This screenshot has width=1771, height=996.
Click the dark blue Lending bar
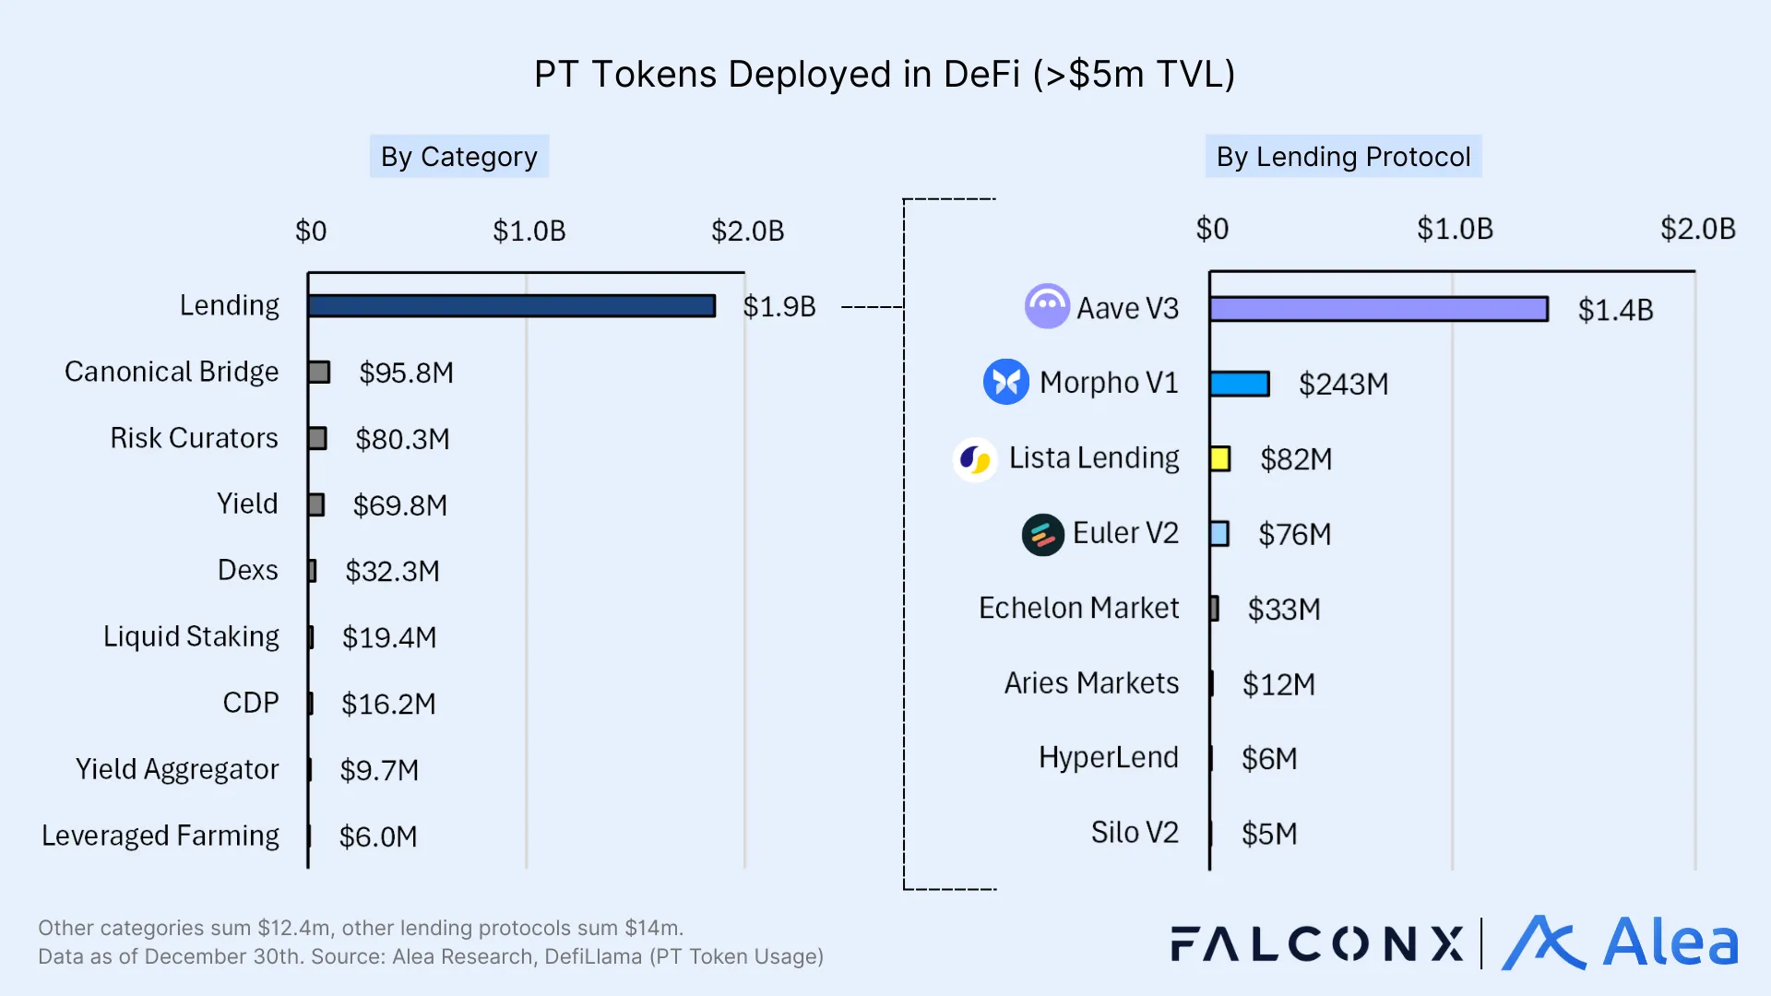coord(512,306)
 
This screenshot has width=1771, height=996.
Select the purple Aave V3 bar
coord(1378,309)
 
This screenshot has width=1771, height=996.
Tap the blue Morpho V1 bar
coord(1239,384)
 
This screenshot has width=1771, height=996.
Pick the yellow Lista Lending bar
coord(1220,458)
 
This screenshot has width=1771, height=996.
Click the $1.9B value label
coord(779,307)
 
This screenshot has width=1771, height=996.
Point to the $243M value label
coord(1343,384)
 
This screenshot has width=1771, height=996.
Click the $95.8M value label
coord(406,373)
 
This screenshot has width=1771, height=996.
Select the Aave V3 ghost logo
coord(1047,306)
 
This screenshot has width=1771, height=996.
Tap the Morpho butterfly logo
coord(1005,382)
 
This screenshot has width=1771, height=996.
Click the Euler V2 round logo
coord(1043,534)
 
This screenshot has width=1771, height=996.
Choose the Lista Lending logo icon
coord(975,458)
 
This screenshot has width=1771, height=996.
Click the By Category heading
coord(458,157)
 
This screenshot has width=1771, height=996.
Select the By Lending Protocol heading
coord(1343,157)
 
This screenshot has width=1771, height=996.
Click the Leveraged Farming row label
coord(160,836)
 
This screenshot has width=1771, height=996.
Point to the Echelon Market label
coord(1078,609)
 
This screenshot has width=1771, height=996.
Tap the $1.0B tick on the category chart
coord(529,231)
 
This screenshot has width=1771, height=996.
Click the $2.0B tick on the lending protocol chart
coord(1697,229)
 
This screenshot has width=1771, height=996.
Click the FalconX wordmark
coord(1316,944)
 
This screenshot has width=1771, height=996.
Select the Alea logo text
coord(1670,943)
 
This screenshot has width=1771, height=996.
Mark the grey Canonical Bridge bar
coord(319,373)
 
